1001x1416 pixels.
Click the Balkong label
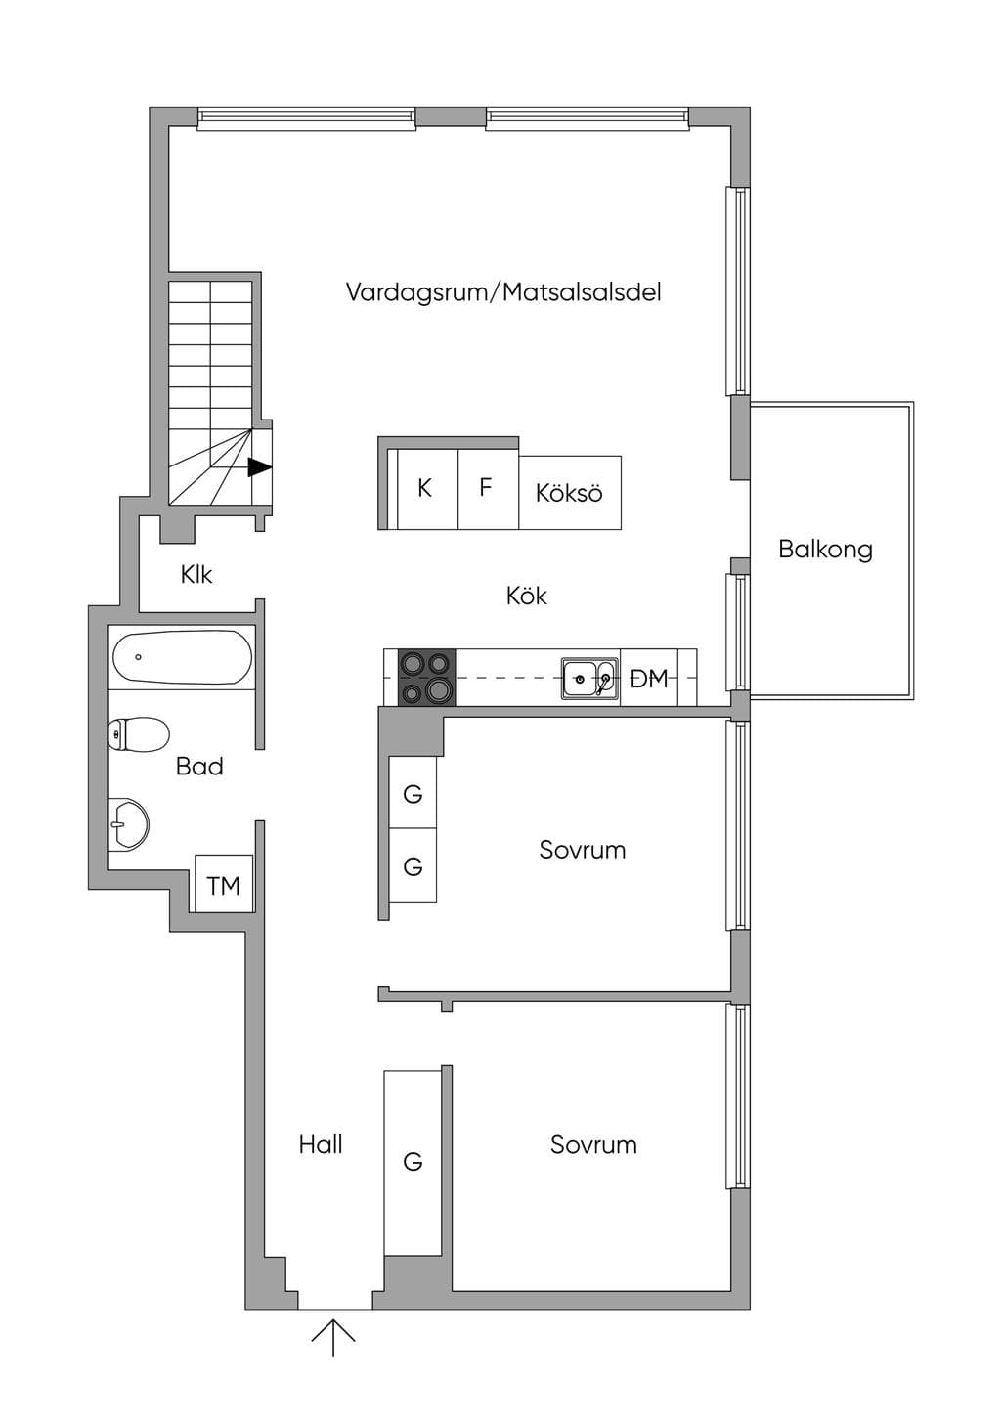(825, 550)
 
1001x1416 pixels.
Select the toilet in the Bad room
(139, 734)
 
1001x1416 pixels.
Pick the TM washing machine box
(224, 883)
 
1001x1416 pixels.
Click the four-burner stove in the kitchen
(426, 677)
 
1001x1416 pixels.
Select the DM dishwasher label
(649, 679)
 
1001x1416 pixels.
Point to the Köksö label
(569, 493)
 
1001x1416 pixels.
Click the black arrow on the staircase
(260, 467)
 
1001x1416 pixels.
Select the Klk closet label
(196, 575)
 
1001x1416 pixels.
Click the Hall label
(321, 1145)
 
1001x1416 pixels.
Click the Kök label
(527, 597)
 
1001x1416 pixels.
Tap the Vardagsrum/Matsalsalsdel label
(503, 292)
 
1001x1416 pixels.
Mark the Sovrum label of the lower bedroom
(593, 1145)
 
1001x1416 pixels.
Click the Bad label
(199, 767)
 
